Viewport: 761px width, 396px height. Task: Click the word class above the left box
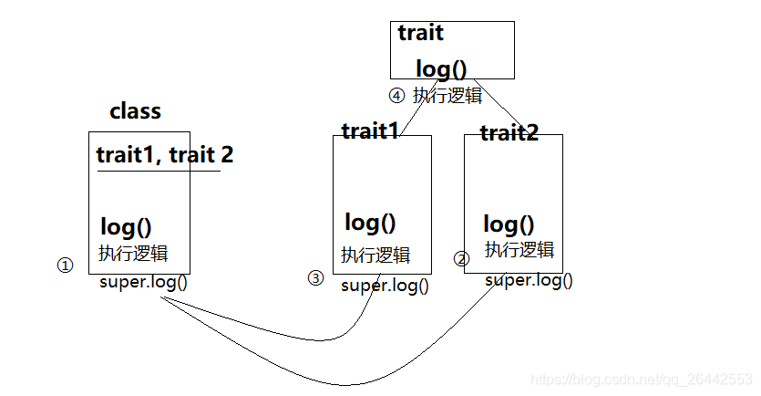point(135,111)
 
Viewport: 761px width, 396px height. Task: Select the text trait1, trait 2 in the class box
point(164,154)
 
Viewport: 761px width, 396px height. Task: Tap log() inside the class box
point(125,227)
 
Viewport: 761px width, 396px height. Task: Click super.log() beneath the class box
point(143,281)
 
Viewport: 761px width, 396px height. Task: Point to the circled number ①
point(64,266)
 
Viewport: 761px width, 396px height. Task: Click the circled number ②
point(461,259)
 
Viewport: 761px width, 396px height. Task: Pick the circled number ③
point(315,278)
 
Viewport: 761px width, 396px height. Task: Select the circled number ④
point(396,95)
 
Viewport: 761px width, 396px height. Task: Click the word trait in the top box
point(420,34)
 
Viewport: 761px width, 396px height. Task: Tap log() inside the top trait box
point(440,68)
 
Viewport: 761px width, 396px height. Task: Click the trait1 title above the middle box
point(370,130)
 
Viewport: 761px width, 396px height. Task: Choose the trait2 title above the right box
point(509,133)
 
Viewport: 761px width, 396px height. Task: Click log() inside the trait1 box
point(370,222)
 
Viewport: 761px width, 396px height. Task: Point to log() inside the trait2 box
point(509,224)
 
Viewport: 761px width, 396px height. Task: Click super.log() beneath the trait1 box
point(385,286)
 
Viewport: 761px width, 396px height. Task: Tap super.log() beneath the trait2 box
point(529,280)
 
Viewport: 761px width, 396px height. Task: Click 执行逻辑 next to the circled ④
point(447,95)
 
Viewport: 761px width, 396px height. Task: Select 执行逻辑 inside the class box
point(133,253)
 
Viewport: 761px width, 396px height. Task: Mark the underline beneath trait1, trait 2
point(159,171)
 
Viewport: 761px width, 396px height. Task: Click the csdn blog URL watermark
point(641,378)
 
